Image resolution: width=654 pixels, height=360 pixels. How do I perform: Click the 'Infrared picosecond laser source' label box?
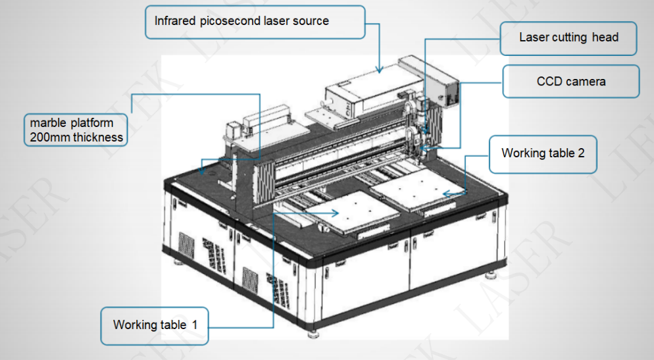pyautogui.click(x=255, y=22)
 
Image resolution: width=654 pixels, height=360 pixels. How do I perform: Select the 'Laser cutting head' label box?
pyautogui.click(x=568, y=38)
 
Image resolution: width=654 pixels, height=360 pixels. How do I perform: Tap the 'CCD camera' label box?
pyautogui.click(x=570, y=82)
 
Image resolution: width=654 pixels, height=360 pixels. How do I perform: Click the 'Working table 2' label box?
pyautogui.click(x=543, y=154)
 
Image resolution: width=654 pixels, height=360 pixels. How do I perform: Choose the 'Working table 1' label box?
pyautogui.click(x=155, y=325)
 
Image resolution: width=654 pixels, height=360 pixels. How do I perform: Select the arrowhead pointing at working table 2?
pyautogui.click(x=445, y=193)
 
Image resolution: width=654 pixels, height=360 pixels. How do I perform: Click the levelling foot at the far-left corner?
pyautogui.click(x=178, y=262)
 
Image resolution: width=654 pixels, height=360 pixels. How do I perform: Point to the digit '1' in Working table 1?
pyautogui.click(x=194, y=325)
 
